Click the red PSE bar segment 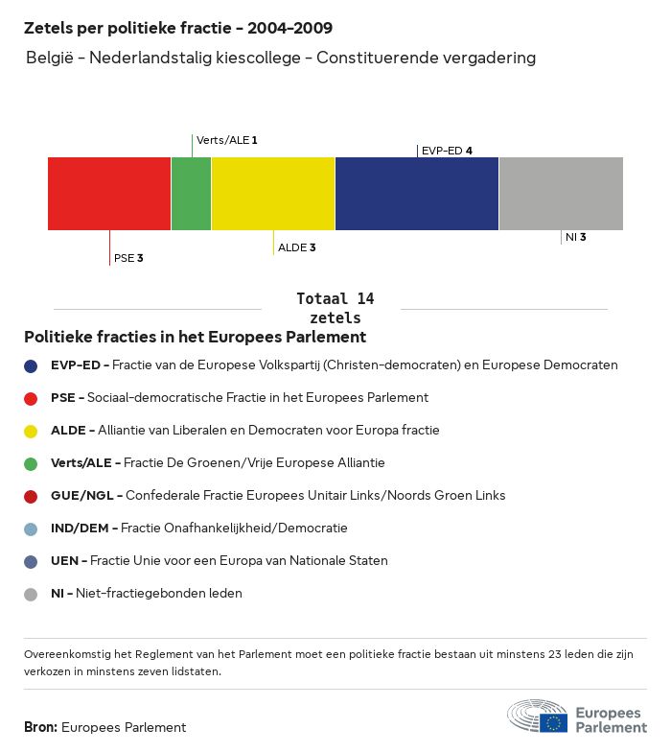[x=109, y=194]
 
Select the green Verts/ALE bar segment [x=191, y=194]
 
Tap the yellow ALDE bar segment [x=273, y=194]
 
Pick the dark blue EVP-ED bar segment [x=417, y=194]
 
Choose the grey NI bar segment [x=561, y=194]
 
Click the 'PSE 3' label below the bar [x=128, y=258]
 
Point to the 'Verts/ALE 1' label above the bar [x=227, y=140]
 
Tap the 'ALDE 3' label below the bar [x=296, y=247]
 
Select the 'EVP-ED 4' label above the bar [x=447, y=151]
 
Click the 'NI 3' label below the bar [x=575, y=237]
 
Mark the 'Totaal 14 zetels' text [x=335, y=308]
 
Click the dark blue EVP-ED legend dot [x=31, y=365]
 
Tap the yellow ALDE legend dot [x=31, y=431]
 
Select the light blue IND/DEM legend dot [x=31, y=529]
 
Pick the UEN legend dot [x=31, y=561]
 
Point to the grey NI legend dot [x=31, y=594]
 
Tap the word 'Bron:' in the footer [x=41, y=728]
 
